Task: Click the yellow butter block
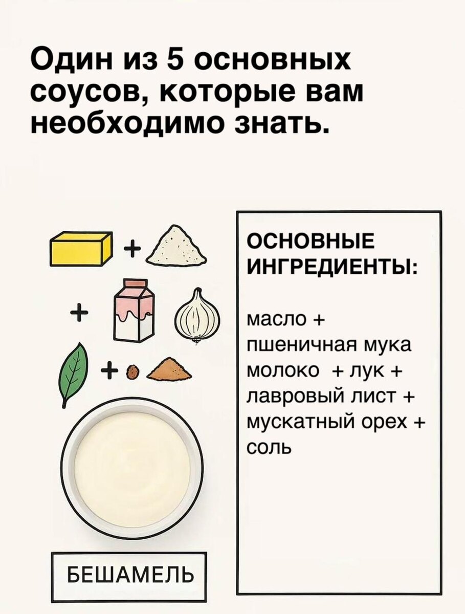click(80, 249)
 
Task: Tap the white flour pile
click(176, 248)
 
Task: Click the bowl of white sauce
click(132, 468)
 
